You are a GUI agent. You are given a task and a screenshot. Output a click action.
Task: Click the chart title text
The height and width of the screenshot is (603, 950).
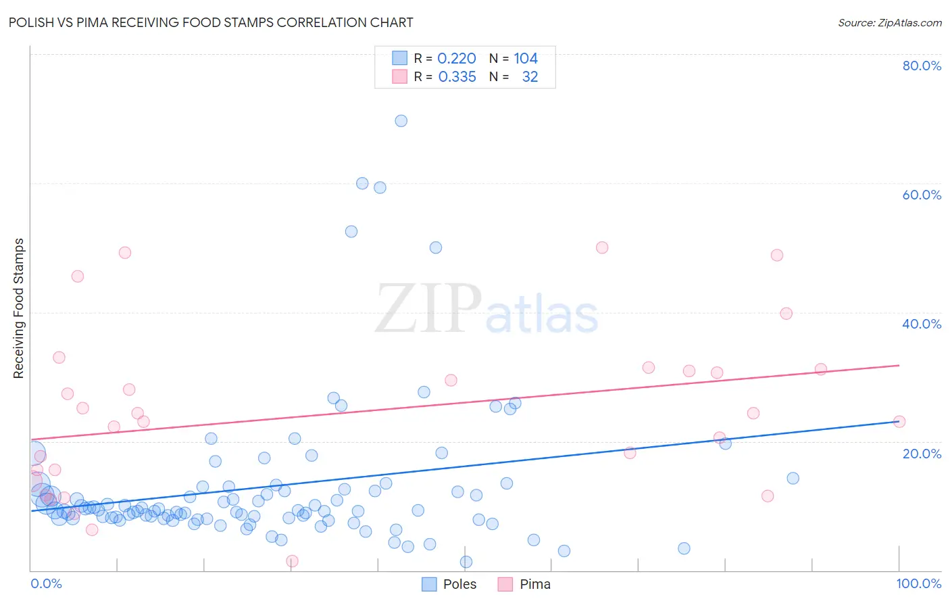pos(211,22)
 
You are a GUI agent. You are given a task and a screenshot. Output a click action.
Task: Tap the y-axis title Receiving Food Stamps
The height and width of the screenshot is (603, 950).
pos(19,308)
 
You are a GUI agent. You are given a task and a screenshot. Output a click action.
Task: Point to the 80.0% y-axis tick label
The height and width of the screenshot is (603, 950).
pos(922,66)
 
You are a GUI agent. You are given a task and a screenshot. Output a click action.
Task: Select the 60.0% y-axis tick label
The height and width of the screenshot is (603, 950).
pos(922,195)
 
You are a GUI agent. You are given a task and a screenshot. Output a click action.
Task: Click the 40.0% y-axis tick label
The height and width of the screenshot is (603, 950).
pos(922,324)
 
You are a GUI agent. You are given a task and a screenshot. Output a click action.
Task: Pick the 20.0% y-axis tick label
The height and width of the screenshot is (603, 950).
pos(922,453)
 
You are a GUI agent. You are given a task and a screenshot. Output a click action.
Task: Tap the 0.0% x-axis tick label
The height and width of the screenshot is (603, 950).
pos(46,583)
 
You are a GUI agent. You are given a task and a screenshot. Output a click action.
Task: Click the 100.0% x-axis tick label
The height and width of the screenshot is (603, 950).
pos(918,583)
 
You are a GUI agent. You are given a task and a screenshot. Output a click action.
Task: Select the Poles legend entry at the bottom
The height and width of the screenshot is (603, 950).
pos(449,584)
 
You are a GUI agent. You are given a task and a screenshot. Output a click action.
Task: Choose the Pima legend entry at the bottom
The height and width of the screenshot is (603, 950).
pos(524,584)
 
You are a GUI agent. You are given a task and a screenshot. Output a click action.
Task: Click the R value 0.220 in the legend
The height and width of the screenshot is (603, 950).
pos(457,59)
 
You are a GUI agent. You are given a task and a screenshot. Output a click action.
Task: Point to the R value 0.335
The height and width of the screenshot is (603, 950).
pos(457,77)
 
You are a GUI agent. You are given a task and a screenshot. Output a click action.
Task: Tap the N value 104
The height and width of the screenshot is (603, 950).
pos(526,59)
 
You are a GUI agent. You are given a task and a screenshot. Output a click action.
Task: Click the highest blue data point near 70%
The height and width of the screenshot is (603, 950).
pos(401,121)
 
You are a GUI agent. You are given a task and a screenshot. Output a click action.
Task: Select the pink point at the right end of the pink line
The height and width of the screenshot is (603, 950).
pos(899,421)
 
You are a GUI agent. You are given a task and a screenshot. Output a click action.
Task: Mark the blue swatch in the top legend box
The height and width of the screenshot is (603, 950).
pos(400,58)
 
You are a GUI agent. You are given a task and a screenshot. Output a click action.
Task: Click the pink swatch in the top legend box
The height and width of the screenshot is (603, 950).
pos(400,76)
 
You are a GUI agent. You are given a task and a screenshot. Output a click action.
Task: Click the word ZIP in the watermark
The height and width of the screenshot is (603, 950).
pos(428,309)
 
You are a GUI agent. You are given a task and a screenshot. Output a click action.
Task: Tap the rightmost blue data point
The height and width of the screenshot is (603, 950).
pos(793,478)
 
